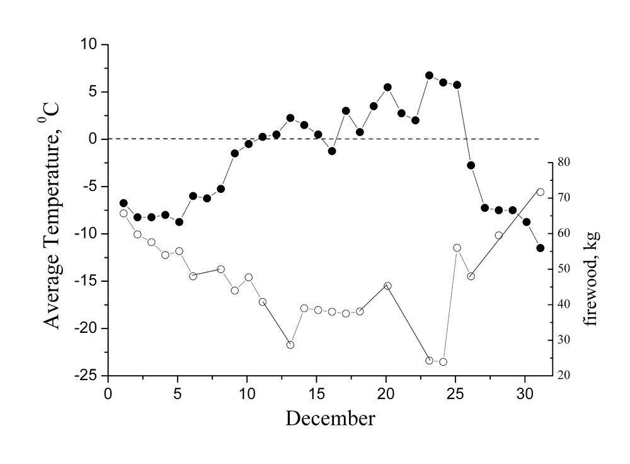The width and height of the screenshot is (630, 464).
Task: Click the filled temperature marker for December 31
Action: click(540, 248)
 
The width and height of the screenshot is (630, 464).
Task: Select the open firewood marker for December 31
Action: click(540, 192)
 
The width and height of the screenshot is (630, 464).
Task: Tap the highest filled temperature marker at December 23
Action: click(429, 75)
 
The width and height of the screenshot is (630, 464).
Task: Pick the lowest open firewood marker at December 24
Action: click(443, 362)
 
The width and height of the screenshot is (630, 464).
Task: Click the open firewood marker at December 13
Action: click(290, 345)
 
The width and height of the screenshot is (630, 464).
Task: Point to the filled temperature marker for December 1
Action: click(123, 203)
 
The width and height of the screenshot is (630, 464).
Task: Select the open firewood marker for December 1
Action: click(123, 213)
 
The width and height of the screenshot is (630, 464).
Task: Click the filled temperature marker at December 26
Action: click(471, 165)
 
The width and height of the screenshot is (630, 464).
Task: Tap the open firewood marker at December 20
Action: click(387, 286)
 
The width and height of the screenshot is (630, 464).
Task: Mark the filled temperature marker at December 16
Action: click(332, 151)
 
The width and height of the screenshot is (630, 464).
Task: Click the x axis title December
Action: click(331, 417)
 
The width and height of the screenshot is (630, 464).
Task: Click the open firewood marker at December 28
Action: click(498, 235)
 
